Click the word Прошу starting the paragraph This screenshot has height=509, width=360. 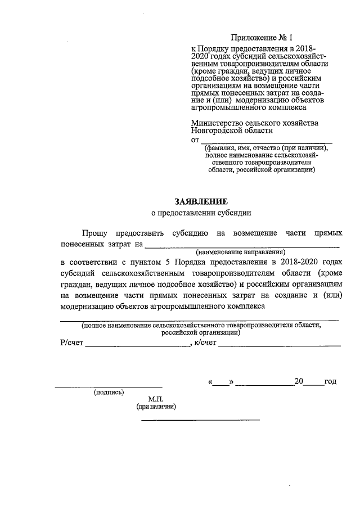click(x=94, y=232)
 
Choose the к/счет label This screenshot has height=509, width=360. click(x=205, y=344)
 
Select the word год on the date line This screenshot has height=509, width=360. click(x=331, y=382)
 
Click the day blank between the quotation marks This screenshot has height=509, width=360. click(x=222, y=384)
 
